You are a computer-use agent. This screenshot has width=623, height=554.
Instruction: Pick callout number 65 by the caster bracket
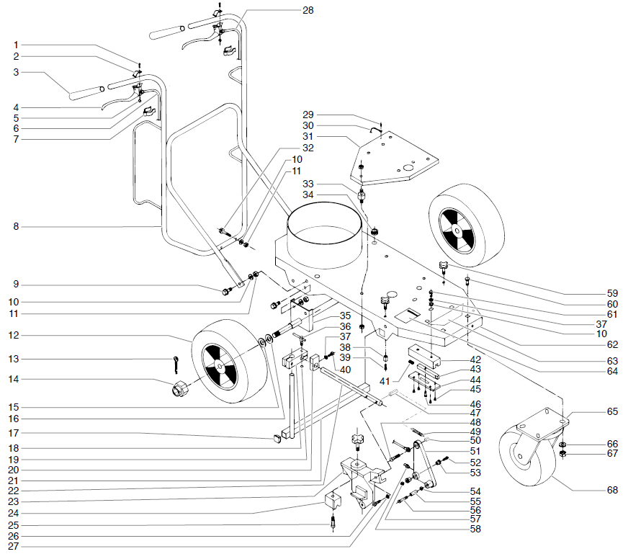click(x=612, y=411)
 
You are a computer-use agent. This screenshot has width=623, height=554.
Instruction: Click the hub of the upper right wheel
click(x=456, y=230)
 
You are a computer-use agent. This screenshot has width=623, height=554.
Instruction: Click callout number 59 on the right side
click(x=612, y=294)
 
